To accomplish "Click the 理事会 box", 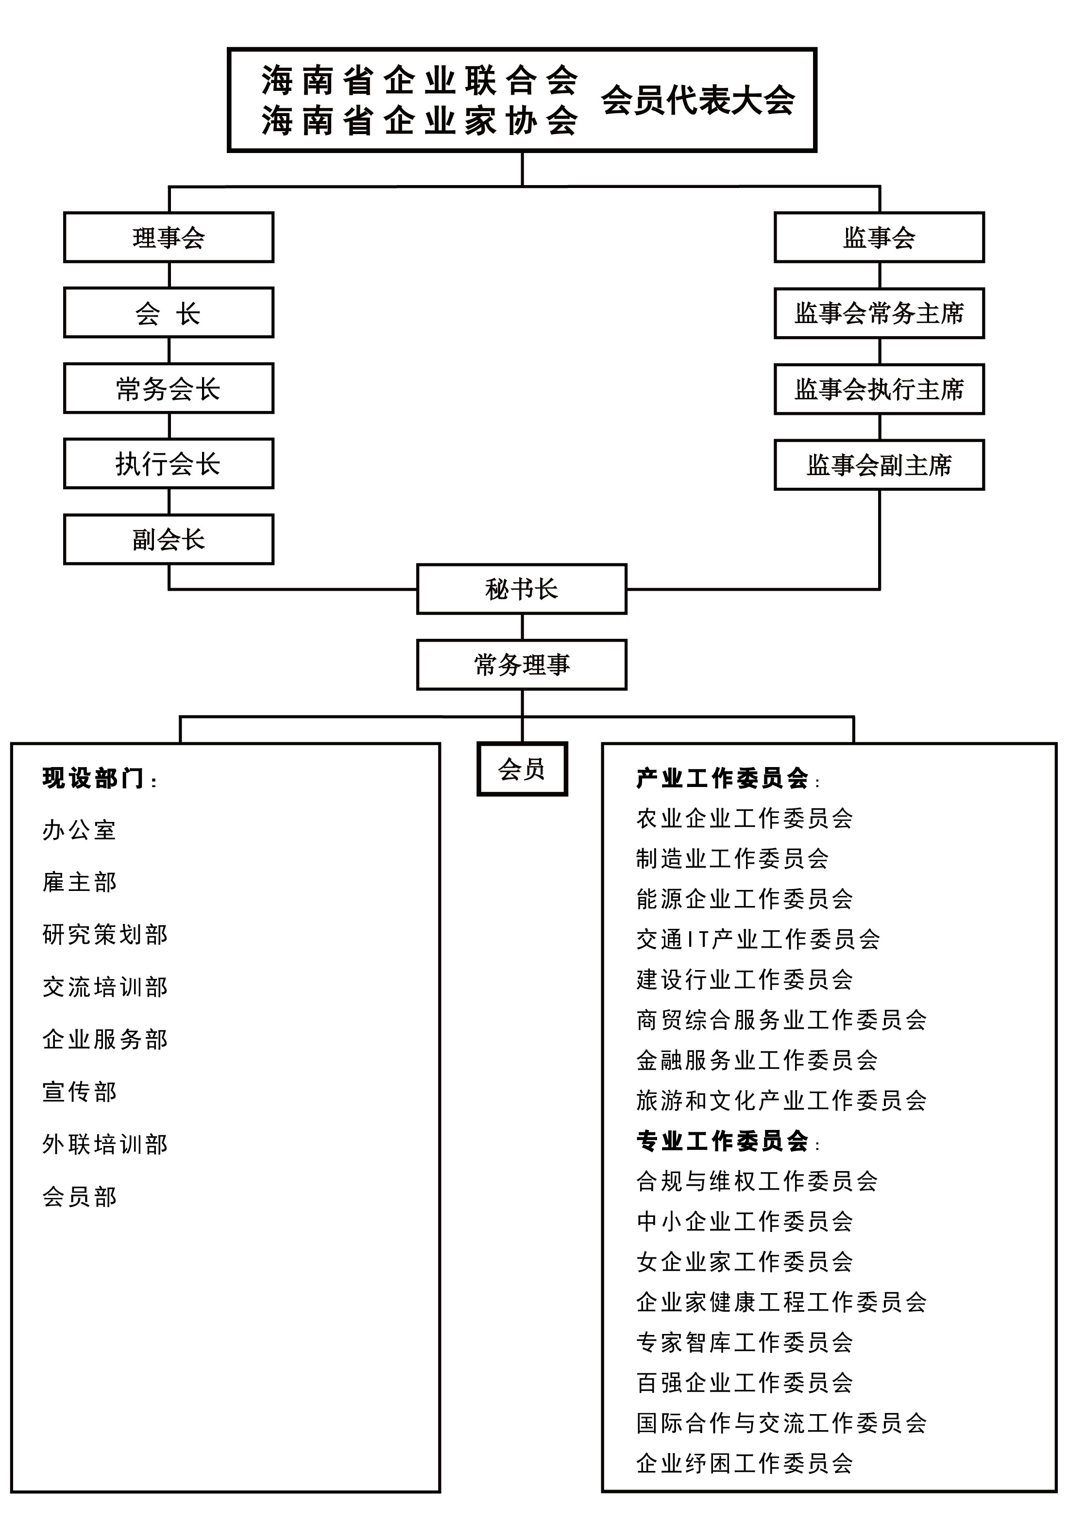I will pyautogui.click(x=169, y=238).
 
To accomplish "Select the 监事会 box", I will pyautogui.click(x=879, y=238).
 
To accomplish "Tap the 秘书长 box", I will pyautogui.click(x=521, y=589).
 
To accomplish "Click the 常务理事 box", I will pyautogui.click(x=521, y=665).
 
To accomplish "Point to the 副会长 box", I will pyautogui.click(x=169, y=539).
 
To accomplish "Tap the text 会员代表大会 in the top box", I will pyautogui.click(x=698, y=101).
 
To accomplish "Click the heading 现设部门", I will pyautogui.click(x=94, y=778).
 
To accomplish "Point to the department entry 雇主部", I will pyautogui.click(x=80, y=882).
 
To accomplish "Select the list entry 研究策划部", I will pyautogui.click(x=105, y=934).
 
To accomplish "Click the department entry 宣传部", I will pyautogui.click(x=80, y=1092).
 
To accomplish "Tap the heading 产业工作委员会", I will pyautogui.click(x=723, y=778).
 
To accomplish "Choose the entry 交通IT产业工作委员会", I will pyautogui.click(x=758, y=939).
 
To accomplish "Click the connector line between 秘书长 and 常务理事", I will pyautogui.click(x=522, y=627).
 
